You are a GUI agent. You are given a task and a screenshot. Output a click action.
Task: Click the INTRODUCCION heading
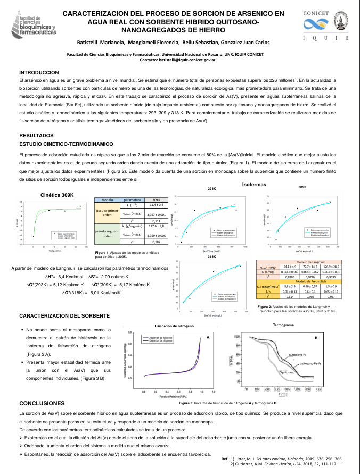(x=39, y=72)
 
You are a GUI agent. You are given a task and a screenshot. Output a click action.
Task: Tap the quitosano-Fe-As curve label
(x=313, y=363)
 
